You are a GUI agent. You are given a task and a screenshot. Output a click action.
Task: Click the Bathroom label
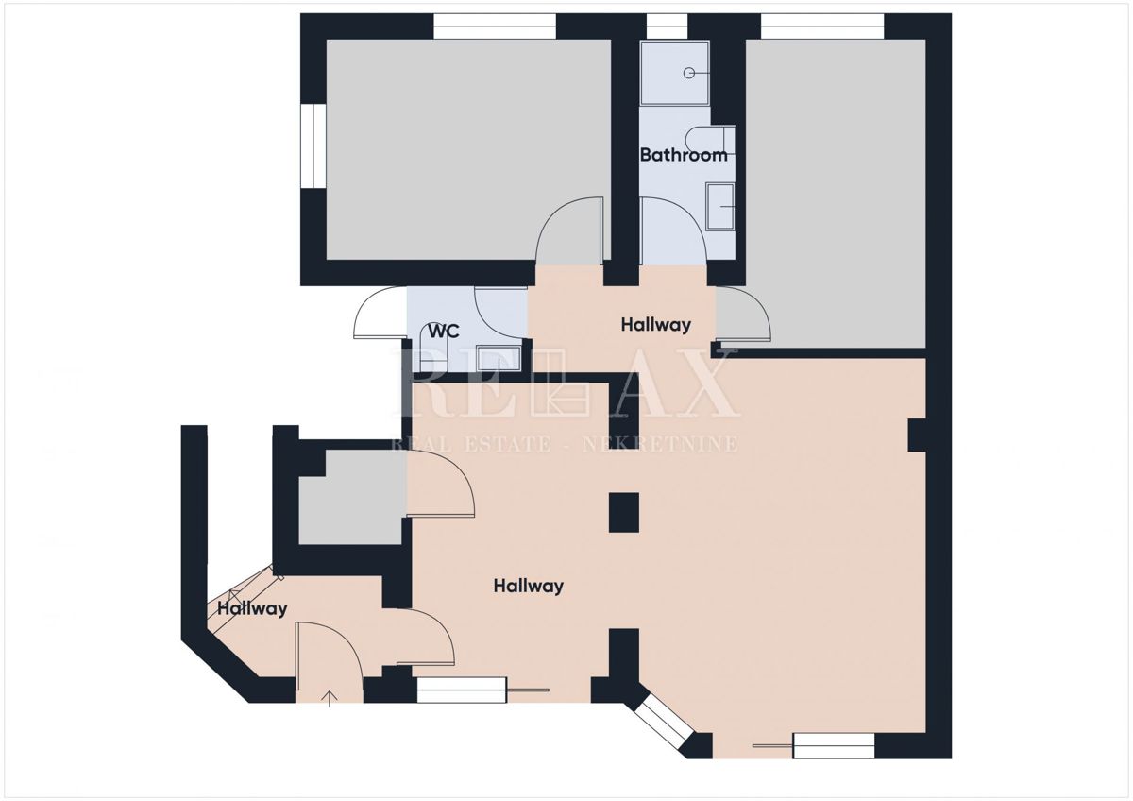(684, 155)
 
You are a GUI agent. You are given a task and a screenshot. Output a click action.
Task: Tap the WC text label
(444, 332)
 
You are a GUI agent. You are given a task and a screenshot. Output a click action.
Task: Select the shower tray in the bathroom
(674, 73)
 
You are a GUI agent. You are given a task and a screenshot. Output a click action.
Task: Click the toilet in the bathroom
(711, 139)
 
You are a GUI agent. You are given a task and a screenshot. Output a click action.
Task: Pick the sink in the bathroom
(721, 207)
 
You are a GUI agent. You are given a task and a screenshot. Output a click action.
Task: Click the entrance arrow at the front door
(330, 698)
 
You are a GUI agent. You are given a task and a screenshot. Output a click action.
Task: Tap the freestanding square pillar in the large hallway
(624, 513)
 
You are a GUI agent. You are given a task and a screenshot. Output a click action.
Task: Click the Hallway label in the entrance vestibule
(252, 609)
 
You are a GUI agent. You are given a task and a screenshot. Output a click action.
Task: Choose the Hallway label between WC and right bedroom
(655, 325)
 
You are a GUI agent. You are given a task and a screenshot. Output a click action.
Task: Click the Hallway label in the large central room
(528, 587)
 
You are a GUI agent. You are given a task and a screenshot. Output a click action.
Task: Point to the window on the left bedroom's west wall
(313, 146)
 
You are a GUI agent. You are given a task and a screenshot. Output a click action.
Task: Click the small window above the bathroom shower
(667, 26)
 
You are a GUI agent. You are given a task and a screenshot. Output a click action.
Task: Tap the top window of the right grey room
(822, 26)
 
